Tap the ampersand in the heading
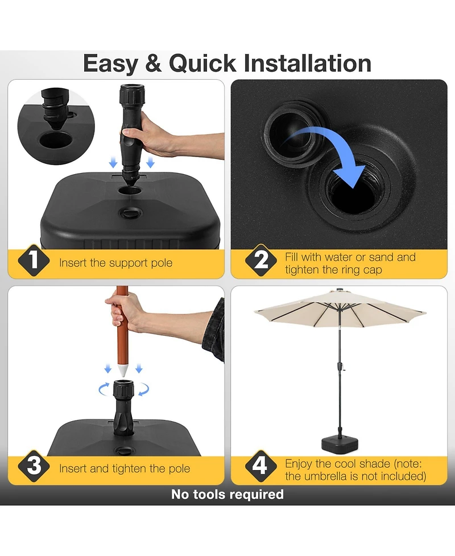(154, 63)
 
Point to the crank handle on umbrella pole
(343, 367)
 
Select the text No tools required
(227, 494)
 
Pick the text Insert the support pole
(115, 263)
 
